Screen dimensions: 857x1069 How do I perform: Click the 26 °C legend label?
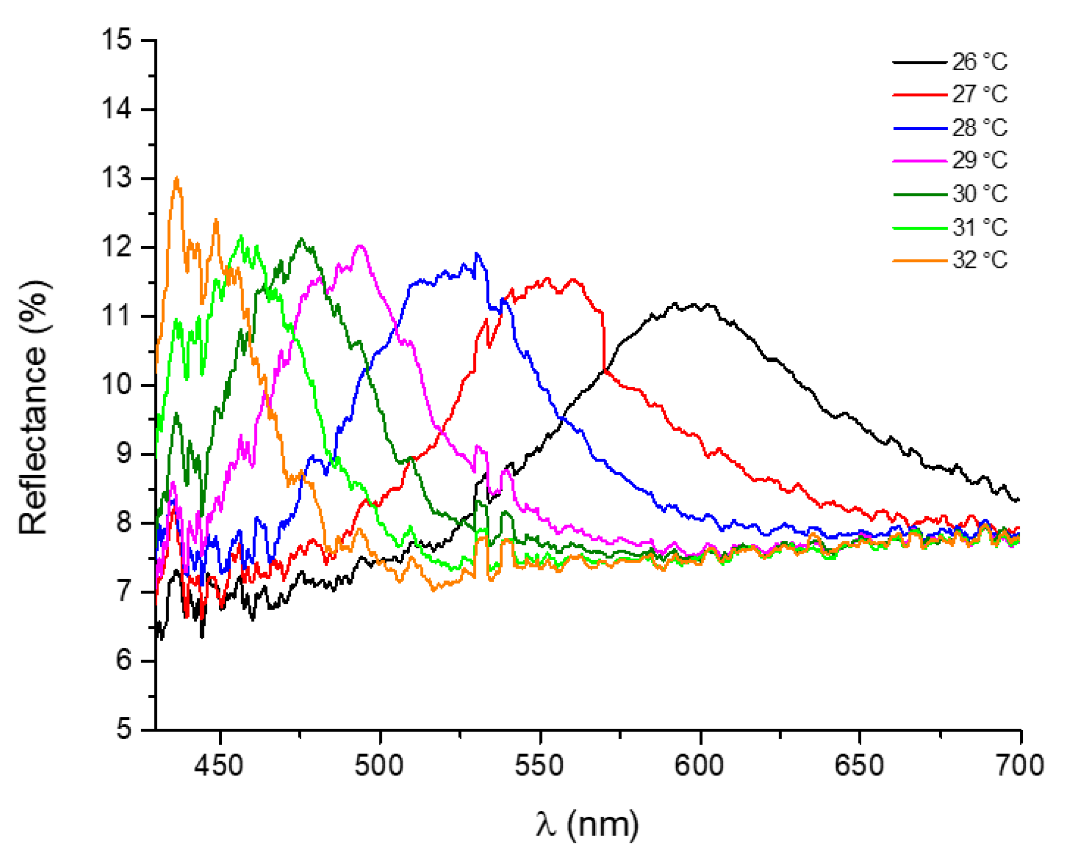click(979, 62)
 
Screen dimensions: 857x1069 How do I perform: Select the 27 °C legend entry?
click(979, 94)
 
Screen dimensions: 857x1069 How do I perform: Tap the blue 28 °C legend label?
click(979, 128)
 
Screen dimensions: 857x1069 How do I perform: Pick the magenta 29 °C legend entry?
click(979, 161)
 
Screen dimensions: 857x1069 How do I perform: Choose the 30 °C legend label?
click(979, 194)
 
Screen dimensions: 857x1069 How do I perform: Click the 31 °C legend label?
click(979, 228)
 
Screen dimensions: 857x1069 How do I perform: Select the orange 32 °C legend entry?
click(979, 260)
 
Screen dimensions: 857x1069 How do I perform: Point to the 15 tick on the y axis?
click(117, 40)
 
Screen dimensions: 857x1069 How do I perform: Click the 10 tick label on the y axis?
click(117, 385)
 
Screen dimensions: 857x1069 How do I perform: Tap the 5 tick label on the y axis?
click(124, 730)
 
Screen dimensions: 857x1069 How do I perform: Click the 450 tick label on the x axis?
click(219, 766)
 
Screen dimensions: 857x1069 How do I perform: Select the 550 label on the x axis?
click(539, 766)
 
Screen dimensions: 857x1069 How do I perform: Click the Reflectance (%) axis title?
click(34, 408)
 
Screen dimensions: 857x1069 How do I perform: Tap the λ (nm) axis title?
click(587, 824)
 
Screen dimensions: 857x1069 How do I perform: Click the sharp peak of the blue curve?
click(476, 254)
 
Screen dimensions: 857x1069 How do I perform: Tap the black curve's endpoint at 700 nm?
click(1019, 500)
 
